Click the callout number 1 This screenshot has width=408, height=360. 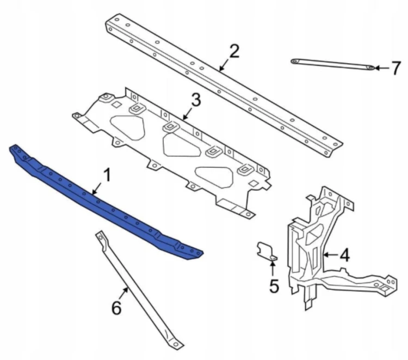click(107, 175)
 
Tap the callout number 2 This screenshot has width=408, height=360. click(234, 51)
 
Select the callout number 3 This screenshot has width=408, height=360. click(196, 100)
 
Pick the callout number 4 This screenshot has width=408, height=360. click(344, 255)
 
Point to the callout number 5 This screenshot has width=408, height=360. click(274, 286)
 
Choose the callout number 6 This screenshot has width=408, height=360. click(116, 308)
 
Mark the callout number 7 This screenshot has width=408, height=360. click(396, 68)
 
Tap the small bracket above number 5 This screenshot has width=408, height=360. click(267, 251)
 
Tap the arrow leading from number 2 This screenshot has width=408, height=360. click(224, 64)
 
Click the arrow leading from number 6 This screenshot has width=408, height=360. click(123, 294)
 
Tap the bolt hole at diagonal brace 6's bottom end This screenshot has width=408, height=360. click(176, 344)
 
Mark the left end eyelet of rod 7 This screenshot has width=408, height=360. click(294, 61)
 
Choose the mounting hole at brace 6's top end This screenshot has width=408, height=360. click(100, 237)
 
